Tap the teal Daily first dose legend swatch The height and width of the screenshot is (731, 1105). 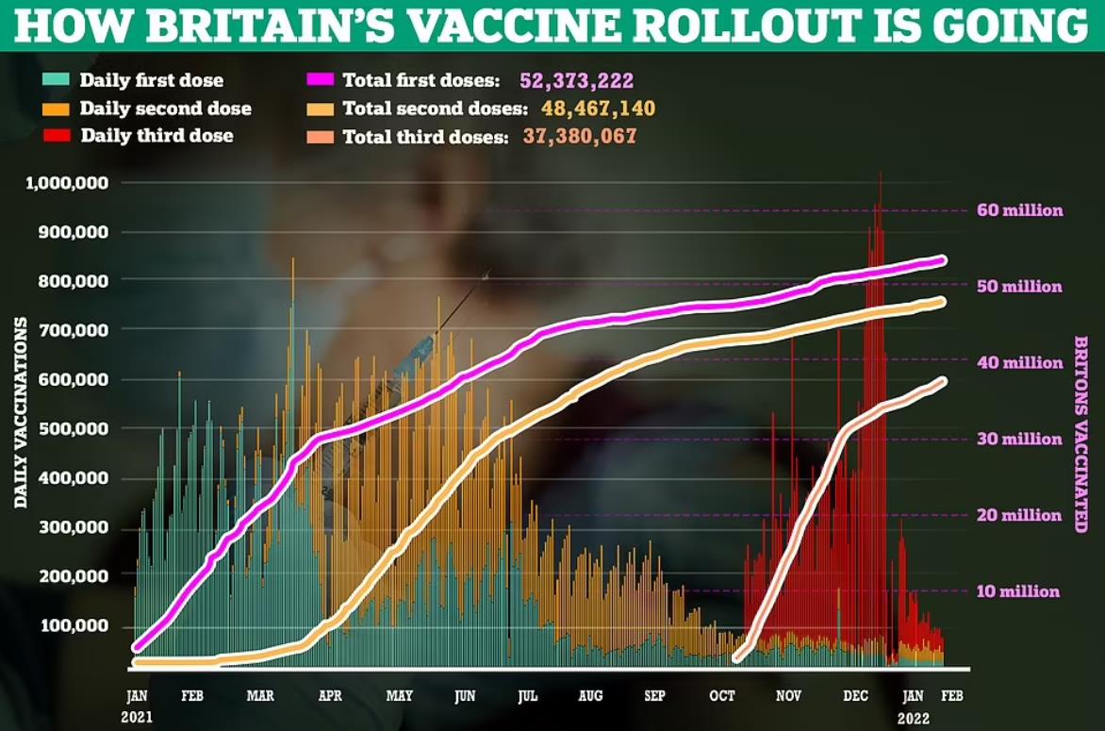(58, 81)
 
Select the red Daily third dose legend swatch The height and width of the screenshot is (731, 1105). (58, 135)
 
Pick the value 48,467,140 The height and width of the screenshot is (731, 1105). (598, 108)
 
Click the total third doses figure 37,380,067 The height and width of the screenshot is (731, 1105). (580, 136)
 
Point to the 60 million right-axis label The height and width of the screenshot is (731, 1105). (1019, 210)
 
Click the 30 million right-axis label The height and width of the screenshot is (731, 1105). (1019, 439)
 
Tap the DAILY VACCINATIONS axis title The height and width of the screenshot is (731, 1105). (20, 413)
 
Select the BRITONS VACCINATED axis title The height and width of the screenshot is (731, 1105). (1080, 434)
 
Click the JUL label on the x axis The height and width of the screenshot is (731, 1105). (528, 696)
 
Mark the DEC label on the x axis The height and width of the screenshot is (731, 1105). (855, 696)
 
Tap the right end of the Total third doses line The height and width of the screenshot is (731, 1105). (942, 381)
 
